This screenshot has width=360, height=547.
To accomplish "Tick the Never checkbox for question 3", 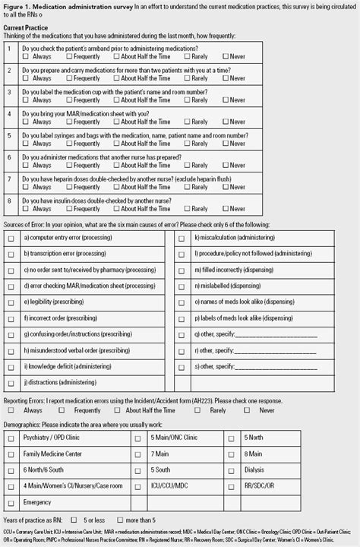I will (x=226, y=100).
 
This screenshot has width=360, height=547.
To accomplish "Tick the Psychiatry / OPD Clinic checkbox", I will (x=11, y=439).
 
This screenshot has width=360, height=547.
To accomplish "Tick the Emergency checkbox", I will (x=11, y=502).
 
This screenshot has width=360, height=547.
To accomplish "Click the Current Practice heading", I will (x=25, y=27).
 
